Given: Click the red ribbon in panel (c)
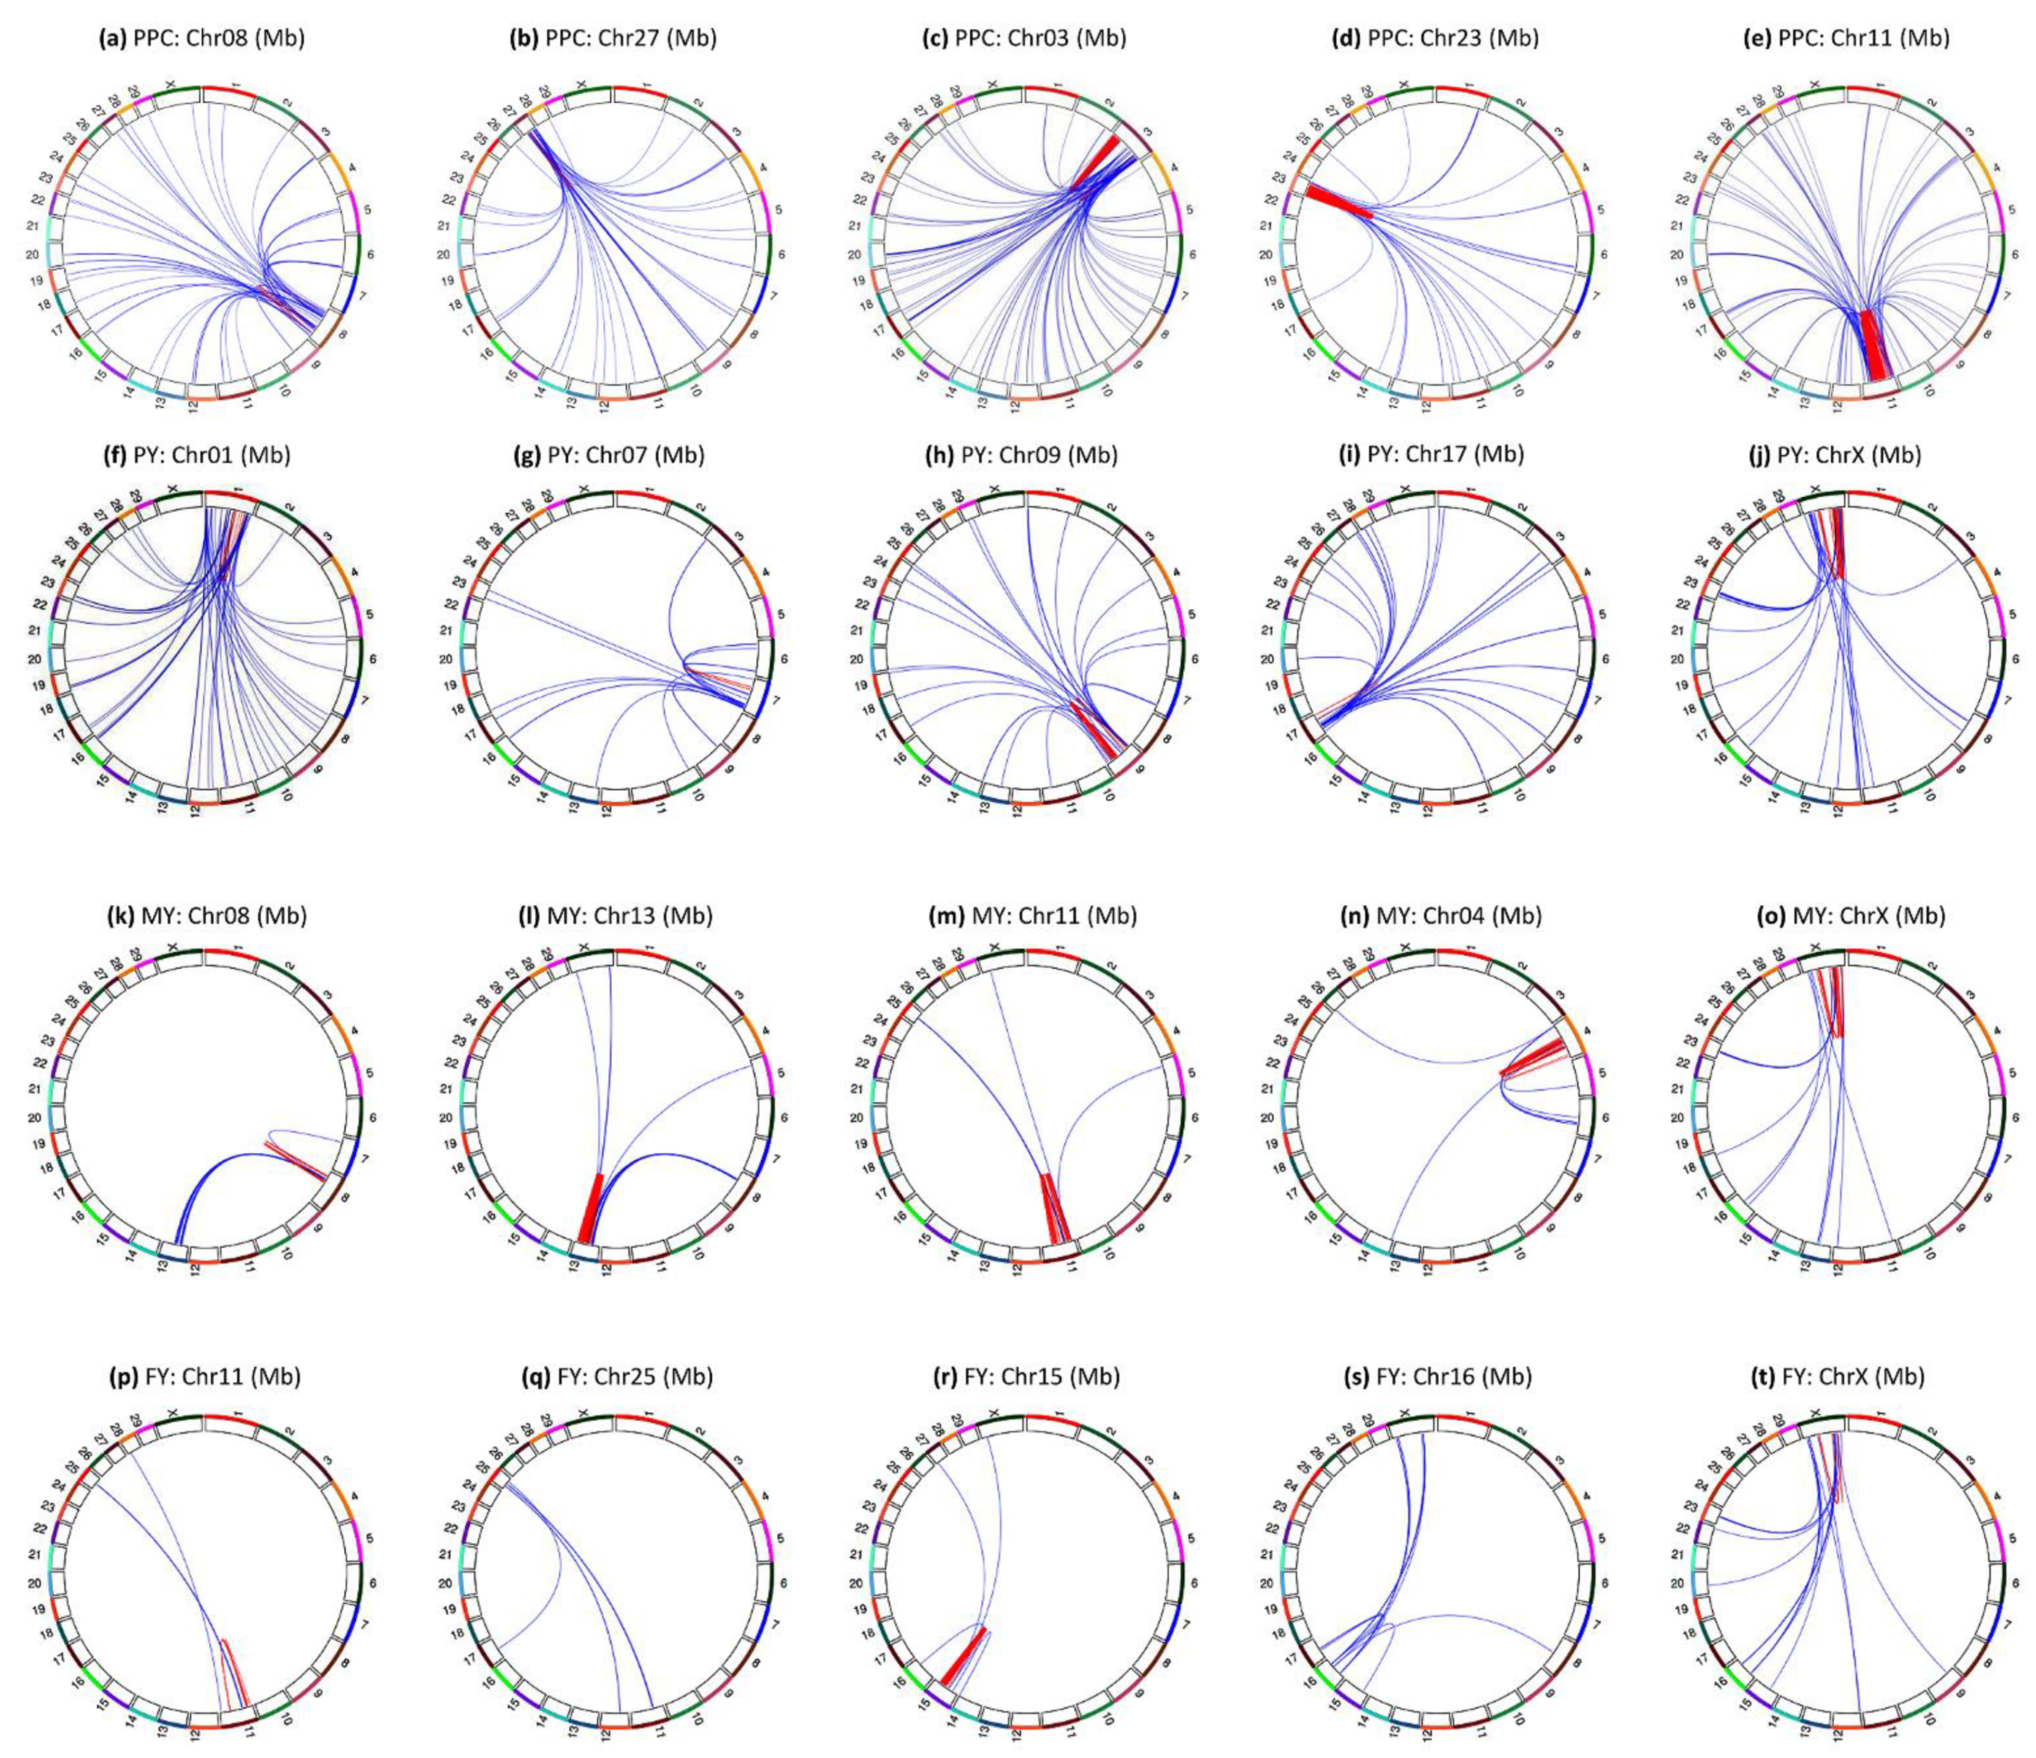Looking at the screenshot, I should [x=1098, y=162].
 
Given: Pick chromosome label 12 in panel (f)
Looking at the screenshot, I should [x=196, y=811].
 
